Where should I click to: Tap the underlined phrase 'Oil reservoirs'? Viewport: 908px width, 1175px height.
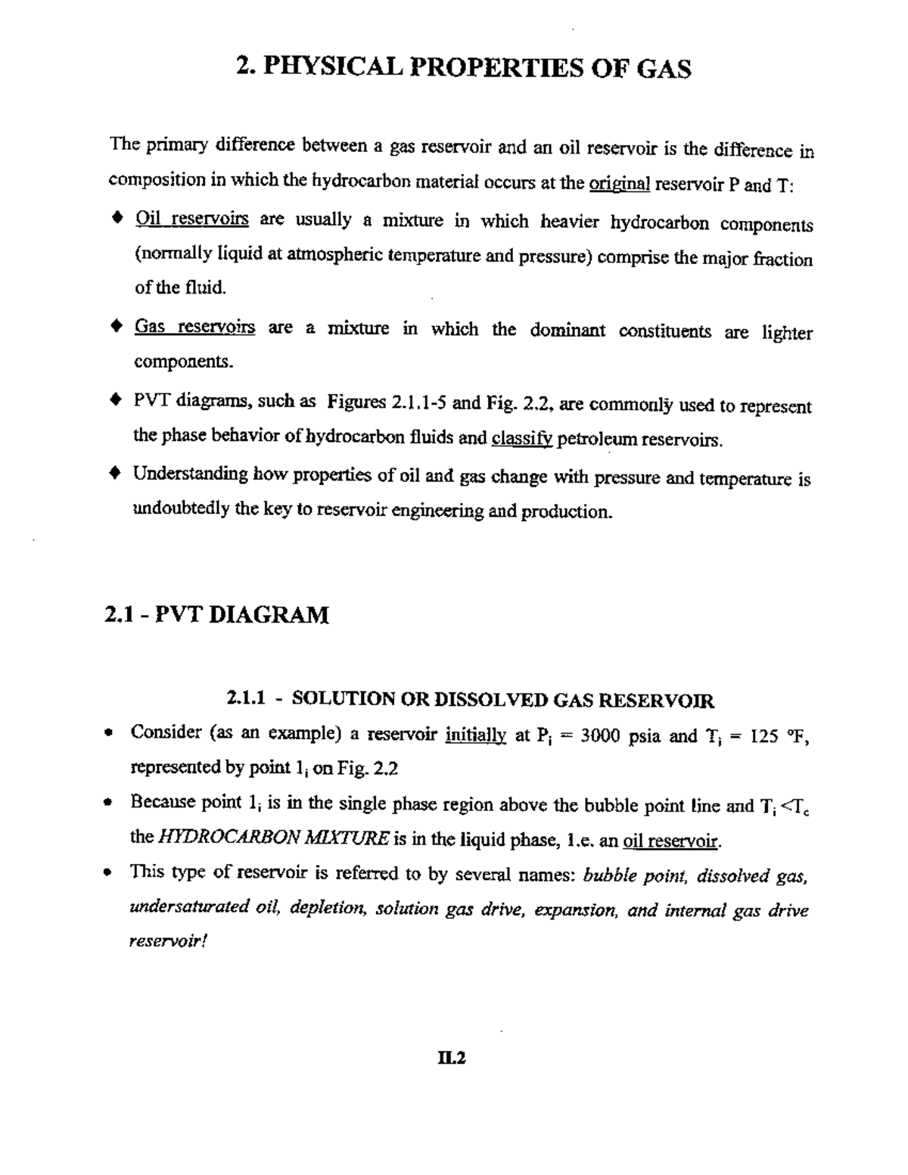point(191,219)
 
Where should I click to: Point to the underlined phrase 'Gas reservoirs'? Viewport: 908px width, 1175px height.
point(194,328)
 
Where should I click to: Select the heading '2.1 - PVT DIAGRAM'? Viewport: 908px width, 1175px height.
point(216,614)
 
